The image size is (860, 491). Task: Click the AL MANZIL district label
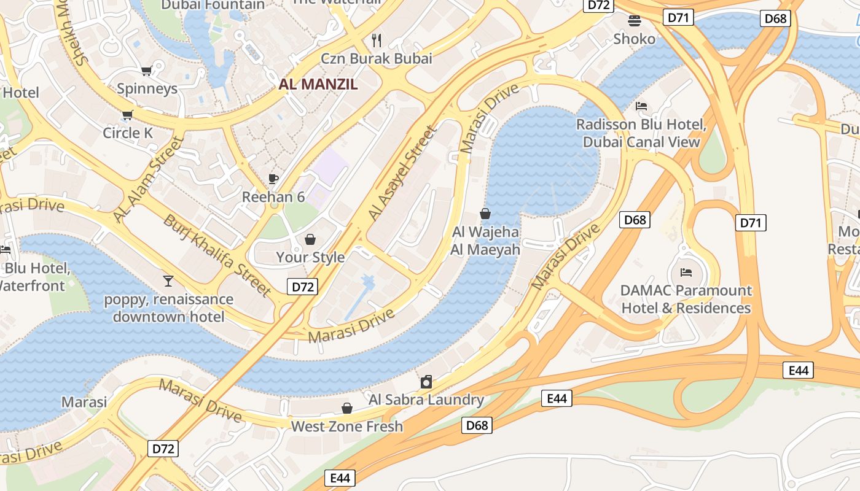point(318,85)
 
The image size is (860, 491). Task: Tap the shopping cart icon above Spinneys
point(146,71)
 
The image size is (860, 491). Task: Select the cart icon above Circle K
point(128,115)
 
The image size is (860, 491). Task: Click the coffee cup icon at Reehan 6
point(273,179)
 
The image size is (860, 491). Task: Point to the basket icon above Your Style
point(310,239)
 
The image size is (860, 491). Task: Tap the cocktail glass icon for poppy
point(168,281)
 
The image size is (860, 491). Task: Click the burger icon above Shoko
point(635,21)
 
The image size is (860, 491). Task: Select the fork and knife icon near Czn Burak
point(377,41)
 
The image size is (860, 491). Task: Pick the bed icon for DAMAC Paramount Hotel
point(686,272)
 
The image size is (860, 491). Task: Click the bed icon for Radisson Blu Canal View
point(641,106)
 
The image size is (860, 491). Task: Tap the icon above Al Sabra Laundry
point(426,382)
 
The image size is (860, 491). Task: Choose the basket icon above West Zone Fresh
point(347,408)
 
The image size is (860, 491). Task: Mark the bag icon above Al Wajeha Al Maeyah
point(485,214)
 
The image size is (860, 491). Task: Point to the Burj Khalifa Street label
point(217,255)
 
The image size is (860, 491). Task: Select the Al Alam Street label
point(149,180)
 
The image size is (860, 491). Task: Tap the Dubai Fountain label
point(213,5)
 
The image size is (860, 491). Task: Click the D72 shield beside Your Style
point(302,286)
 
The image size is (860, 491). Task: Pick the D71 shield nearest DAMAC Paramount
point(751,223)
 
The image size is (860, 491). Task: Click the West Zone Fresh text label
point(347,427)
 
